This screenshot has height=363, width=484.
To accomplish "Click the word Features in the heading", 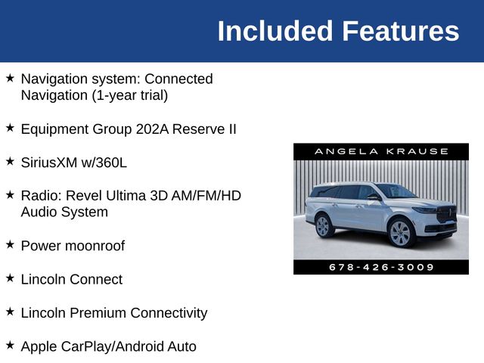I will coord(400,32).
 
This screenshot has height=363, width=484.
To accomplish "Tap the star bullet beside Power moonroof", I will coord(10,245).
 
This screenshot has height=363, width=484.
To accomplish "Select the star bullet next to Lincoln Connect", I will coord(10,278).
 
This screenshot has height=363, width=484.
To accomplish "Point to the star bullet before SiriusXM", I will coord(10,162).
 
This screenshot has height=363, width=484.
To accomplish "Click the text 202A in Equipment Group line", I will coord(149,129).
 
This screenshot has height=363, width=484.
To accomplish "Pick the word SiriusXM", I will coord(51,162).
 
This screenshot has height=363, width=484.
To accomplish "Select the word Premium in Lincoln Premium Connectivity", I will coord(98,312).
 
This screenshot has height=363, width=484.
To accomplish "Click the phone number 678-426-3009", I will coord(381,267).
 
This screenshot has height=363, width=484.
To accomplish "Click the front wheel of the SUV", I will coord(400,233).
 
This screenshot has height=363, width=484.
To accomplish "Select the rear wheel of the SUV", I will coord(324,225).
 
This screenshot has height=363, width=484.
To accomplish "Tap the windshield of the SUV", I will coord(396,191).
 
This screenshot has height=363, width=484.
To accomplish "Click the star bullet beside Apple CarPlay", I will coord(10,346).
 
